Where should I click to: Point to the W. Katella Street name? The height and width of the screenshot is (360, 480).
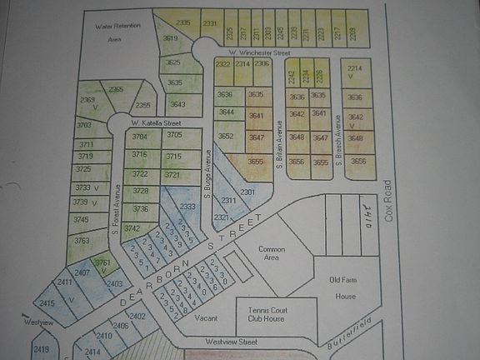point(155,123)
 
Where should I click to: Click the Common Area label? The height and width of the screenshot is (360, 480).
point(272,254)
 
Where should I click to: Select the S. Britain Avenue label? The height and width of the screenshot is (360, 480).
point(280,145)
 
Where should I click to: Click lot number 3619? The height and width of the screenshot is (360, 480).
point(170,38)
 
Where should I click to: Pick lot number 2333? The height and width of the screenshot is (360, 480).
point(187,207)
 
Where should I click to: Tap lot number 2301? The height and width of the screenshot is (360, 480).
point(247,192)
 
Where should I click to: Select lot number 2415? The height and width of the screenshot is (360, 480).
point(47,303)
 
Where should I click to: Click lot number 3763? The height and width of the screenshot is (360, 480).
point(82,241)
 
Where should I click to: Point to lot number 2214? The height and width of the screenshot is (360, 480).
point(354,69)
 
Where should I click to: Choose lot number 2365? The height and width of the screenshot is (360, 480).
point(116,89)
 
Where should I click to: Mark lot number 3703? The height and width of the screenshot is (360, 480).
point(83,125)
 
